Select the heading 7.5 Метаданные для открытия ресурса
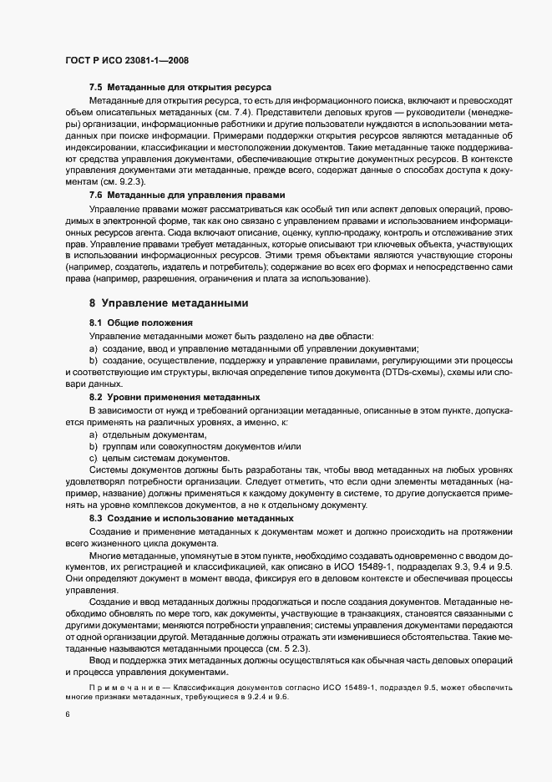pos(179,88)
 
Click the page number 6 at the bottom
pos(66,713)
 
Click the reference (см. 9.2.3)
pos(123,181)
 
